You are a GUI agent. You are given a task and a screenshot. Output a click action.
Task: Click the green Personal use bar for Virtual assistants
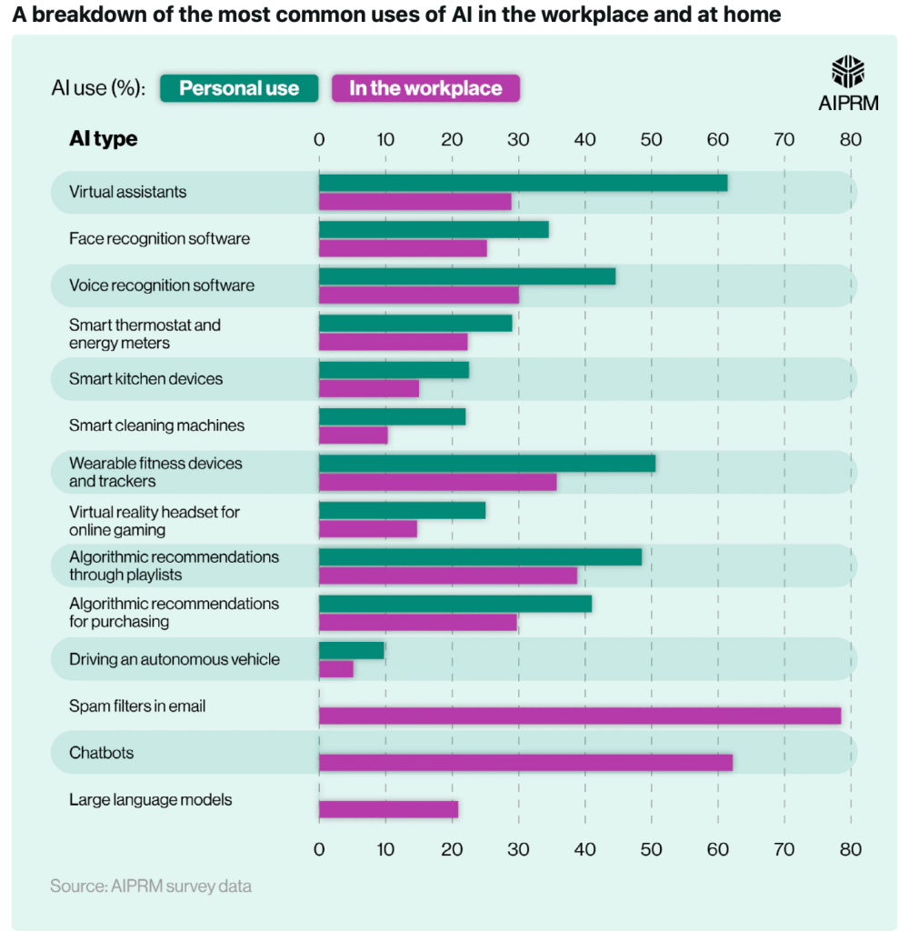523,183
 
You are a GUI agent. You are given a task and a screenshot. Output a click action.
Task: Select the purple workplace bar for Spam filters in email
580,716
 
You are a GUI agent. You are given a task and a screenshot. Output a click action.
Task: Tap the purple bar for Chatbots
525,762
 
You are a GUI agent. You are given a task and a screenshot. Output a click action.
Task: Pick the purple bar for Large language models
388,809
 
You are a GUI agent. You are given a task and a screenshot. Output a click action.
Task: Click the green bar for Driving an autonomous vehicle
352,650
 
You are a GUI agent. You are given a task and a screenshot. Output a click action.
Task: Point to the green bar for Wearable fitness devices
486,463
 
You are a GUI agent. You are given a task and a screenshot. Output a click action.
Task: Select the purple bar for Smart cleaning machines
354,435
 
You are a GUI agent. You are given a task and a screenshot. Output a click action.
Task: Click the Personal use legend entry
239,88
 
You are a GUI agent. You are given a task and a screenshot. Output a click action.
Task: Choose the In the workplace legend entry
425,88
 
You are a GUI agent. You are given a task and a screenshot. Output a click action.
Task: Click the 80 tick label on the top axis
850,139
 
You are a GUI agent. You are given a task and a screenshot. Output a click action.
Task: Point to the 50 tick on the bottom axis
651,849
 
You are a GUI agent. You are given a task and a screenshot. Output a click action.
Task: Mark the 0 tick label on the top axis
319,139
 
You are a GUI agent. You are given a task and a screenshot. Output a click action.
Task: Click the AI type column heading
104,139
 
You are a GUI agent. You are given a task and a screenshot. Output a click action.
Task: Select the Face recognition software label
159,238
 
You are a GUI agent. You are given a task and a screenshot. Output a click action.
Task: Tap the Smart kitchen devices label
145,378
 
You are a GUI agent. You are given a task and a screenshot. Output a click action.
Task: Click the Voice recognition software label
162,285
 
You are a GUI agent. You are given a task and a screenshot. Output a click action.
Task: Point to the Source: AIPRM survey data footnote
151,886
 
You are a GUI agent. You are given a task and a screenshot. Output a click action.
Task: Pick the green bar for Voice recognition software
467,276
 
